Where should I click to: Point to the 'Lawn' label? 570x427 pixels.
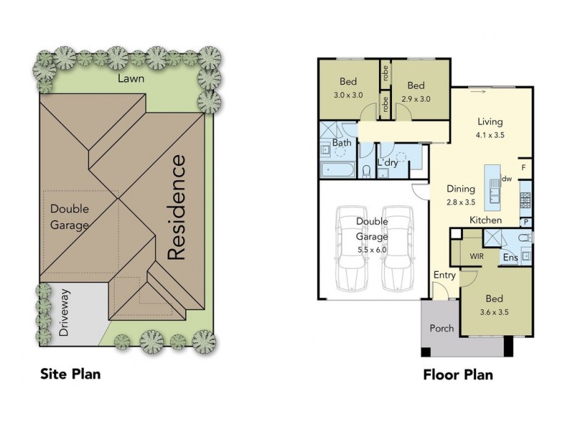click(x=132, y=79)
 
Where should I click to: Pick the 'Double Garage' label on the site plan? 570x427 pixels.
click(x=69, y=218)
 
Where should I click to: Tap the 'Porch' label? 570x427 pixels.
click(x=441, y=329)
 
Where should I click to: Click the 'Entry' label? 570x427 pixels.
click(x=444, y=275)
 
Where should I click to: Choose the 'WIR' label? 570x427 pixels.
click(x=477, y=255)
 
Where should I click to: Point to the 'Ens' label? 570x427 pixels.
click(x=510, y=258)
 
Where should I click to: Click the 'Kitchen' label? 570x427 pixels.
click(x=485, y=221)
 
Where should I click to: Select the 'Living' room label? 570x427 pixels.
click(x=490, y=122)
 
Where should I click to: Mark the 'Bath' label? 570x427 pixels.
click(x=341, y=143)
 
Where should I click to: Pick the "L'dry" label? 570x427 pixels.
click(x=388, y=163)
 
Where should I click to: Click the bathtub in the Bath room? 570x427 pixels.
click(x=336, y=169)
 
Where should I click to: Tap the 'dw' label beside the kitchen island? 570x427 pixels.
click(x=507, y=179)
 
